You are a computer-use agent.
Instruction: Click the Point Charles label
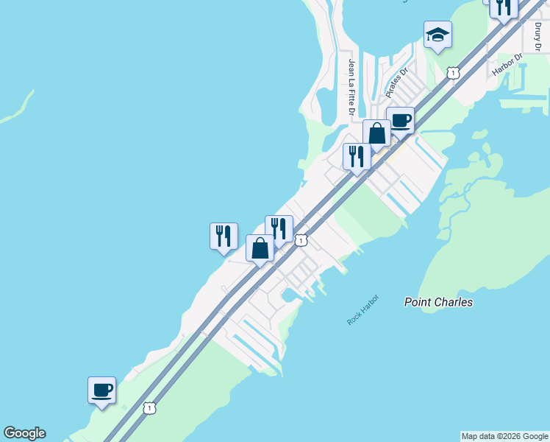[x=439, y=302]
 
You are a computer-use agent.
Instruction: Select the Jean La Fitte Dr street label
[x=352, y=87]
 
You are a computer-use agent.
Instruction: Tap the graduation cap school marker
[x=438, y=35]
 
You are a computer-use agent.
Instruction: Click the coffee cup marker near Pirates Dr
[x=400, y=121]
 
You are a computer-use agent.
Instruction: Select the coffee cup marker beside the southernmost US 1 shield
[x=101, y=390]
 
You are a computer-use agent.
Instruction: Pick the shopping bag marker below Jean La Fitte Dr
[x=376, y=135]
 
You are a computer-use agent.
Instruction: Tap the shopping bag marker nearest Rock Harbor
[x=260, y=248]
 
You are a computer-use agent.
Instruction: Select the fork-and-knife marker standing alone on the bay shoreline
[x=224, y=236]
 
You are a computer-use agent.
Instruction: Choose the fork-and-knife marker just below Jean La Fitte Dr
[x=357, y=157]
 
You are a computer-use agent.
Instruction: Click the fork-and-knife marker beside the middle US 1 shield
[x=279, y=229]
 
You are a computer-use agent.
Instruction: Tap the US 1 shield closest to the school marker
[x=453, y=72]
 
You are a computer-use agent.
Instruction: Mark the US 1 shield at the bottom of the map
[x=149, y=407]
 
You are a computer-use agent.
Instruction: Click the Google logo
[x=24, y=433]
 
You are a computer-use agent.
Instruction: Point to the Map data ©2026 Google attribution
[x=504, y=436]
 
